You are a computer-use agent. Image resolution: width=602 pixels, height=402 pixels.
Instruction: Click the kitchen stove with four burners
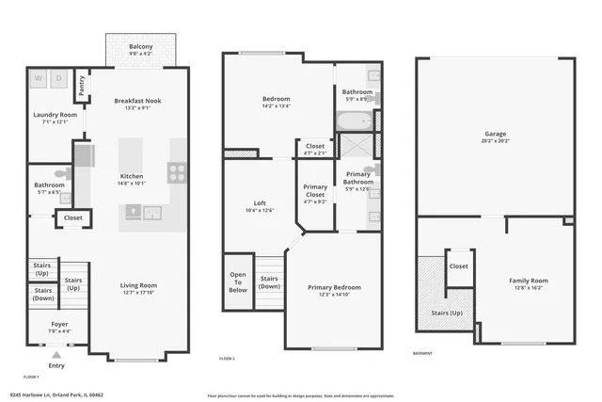click(176, 171)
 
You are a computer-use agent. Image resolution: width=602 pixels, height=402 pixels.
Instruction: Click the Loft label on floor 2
click(260, 206)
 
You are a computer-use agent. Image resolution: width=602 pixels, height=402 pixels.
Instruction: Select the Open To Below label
click(238, 282)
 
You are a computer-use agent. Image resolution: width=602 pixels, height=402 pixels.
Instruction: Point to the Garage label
click(495, 136)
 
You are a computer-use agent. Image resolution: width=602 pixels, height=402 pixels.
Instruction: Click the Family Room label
click(528, 283)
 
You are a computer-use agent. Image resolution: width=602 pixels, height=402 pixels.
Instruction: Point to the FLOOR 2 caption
click(227, 358)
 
